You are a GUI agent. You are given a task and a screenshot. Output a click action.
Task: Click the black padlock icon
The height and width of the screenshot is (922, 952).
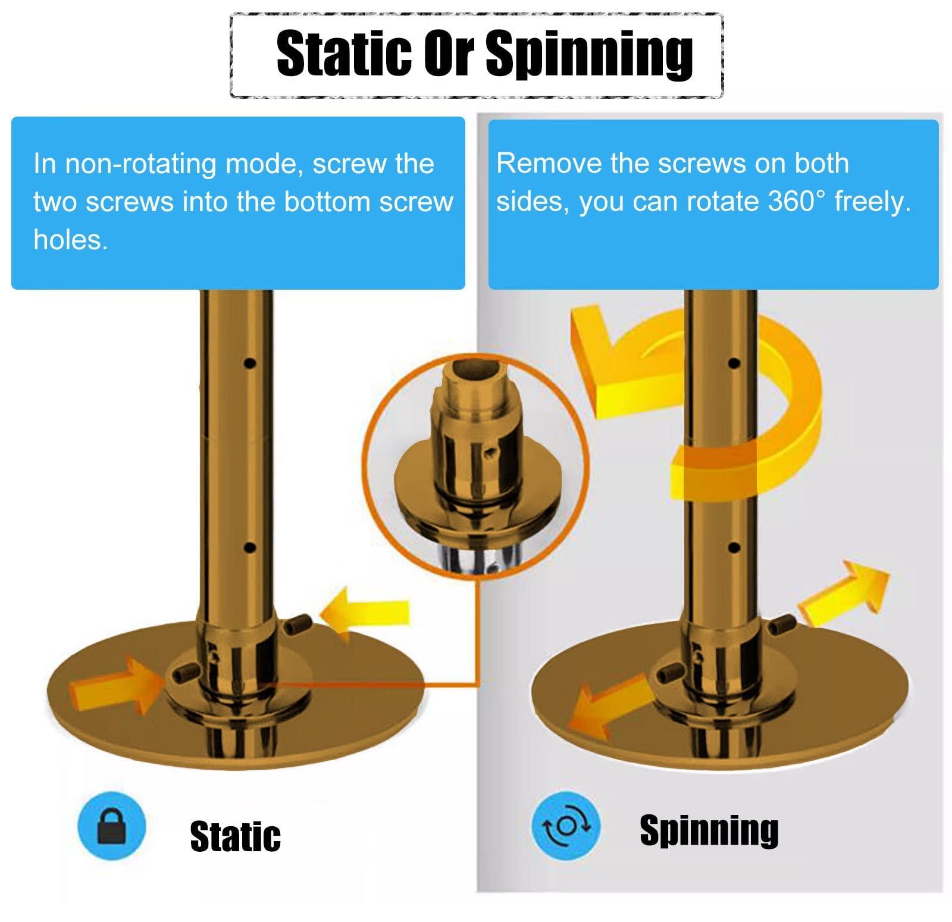coord(111,826)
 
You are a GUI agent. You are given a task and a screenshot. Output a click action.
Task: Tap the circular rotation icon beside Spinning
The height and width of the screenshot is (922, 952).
coord(565,825)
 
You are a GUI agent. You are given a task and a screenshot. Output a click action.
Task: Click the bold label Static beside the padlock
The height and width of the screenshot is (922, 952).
coord(235,836)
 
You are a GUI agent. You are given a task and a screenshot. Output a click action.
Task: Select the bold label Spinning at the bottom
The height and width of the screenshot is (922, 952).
coord(709,830)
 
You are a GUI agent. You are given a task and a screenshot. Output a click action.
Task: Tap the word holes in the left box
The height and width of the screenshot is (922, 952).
coord(70,240)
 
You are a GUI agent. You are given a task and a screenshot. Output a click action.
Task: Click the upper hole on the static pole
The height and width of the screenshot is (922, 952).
coord(250,362)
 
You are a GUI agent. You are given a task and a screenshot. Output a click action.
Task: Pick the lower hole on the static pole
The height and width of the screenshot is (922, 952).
coord(250,547)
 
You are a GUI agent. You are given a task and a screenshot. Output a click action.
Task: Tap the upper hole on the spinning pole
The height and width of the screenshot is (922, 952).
coord(734,362)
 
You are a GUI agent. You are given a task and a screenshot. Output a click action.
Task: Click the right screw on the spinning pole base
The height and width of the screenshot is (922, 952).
coord(780,625)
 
